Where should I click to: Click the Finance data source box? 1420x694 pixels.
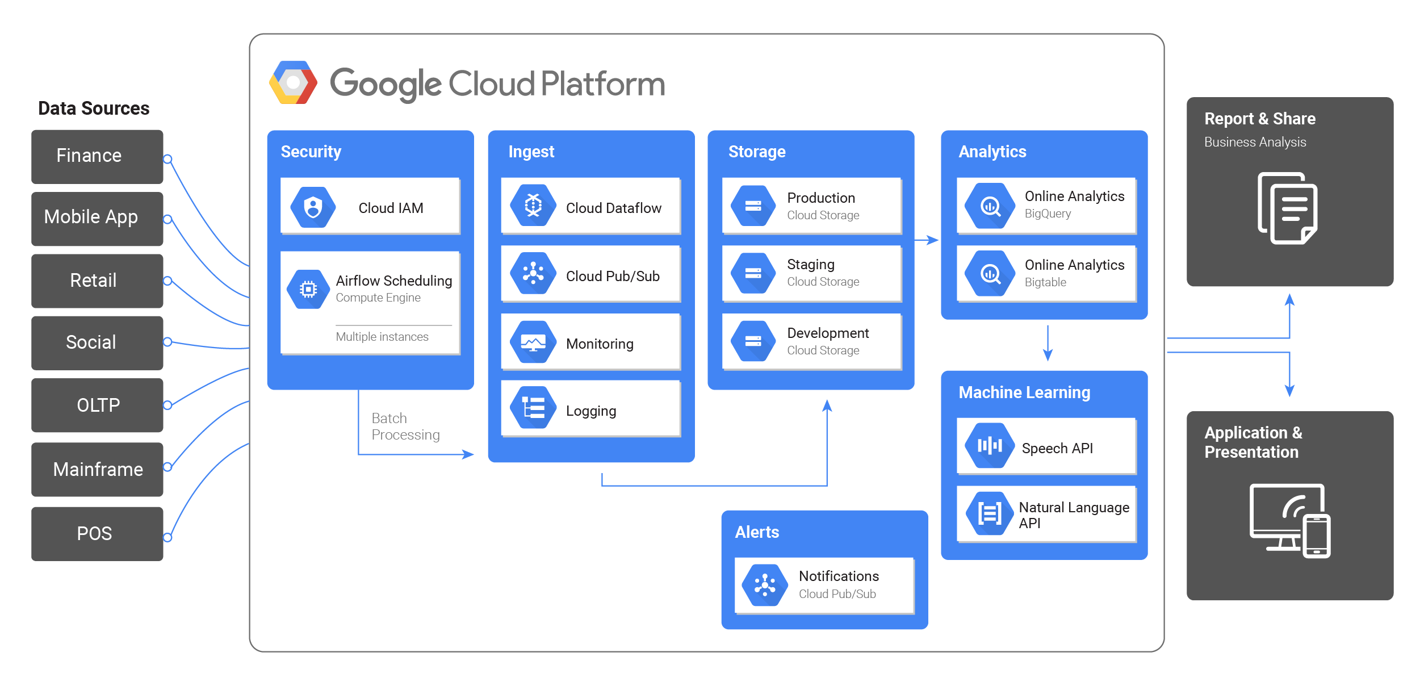(97, 157)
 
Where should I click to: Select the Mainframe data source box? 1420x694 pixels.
(97, 470)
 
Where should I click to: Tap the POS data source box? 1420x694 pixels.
(97, 534)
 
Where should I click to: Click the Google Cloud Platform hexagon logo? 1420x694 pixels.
(293, 83)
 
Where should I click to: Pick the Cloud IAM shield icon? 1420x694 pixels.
(313, 207)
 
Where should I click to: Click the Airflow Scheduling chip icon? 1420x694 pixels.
(308, 289)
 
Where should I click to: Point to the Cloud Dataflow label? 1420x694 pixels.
(614, 208)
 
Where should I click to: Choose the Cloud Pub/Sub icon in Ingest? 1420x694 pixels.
(533, 273)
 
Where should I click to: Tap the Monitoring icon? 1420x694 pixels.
(533, 342)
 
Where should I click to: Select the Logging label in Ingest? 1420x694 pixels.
(591, 411)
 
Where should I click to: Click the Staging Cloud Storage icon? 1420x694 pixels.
(753, 273)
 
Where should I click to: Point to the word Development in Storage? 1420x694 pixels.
(828, 333)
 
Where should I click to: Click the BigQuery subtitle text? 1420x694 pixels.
(1048, 214)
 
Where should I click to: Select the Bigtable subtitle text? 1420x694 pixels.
(1045, 282)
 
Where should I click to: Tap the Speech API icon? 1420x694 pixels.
(990, 446)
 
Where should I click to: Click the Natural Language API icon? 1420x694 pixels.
(990, 513)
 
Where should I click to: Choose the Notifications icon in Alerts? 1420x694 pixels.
(765, 585)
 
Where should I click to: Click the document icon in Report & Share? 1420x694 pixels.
(1288, 208)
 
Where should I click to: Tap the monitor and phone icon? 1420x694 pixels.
(1290, 521)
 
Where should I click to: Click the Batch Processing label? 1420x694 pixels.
(405, 427)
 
